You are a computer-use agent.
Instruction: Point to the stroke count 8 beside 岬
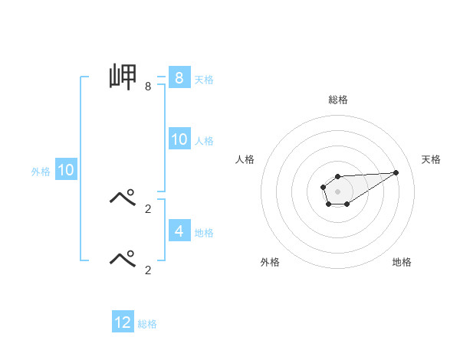coord(147,87)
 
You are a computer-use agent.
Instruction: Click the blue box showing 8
coord(179,77)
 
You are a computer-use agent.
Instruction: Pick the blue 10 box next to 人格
coord(179,139)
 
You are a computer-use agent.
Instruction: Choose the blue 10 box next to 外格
coord(65,170)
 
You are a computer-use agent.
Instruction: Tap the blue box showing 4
coord(179,230)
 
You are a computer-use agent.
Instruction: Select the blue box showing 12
coord(123,322)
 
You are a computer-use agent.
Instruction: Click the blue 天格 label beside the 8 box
coord(204,79)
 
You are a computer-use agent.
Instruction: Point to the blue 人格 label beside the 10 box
coord(204,141)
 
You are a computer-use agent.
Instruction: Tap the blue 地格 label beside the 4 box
coord(204,232)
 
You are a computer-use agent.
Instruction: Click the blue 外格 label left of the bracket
coord(41,172)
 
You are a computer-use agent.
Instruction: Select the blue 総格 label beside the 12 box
coord(147,324)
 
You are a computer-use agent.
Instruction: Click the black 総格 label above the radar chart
coord(337,100)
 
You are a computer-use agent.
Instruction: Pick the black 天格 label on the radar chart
coord(431,159)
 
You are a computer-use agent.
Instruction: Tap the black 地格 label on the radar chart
coord(402,262)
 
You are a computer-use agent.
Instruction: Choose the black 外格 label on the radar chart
coord(270,262)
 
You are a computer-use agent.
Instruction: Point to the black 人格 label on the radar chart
coord(245,159)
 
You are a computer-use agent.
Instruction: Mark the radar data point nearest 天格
coord(396,172)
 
